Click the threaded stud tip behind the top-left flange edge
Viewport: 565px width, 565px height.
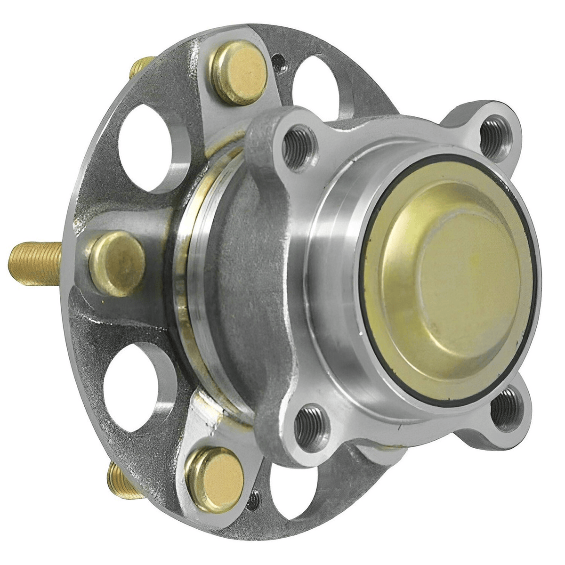click(x=141, y=65)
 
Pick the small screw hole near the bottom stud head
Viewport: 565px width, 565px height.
click(x=254, y=500)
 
